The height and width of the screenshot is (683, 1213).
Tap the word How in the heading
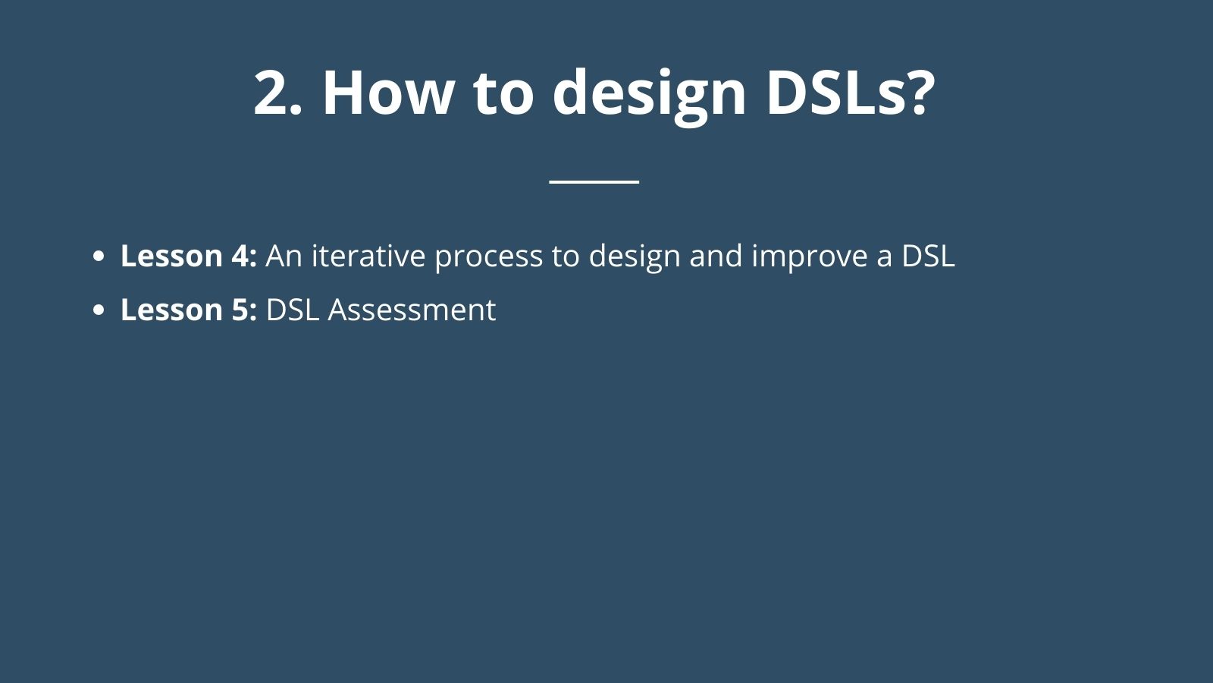pos(387,92)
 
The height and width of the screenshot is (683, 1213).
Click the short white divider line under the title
pos(594,182)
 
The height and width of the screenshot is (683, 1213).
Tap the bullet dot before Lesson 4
pos(98,256)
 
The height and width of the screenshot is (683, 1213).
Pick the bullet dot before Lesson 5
pos(98,310)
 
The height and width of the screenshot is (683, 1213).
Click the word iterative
pos(368,255)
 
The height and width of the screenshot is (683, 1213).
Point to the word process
pos(488,259)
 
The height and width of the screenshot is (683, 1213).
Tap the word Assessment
pos(412,310)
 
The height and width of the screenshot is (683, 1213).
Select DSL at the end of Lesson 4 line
pos(928,256)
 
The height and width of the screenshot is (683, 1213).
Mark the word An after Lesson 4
pos(284,256)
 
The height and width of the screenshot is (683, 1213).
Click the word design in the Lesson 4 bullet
pos(634,257)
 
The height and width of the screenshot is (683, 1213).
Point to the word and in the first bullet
pos(716,255)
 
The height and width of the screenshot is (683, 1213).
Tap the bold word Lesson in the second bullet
pos(171,310)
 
